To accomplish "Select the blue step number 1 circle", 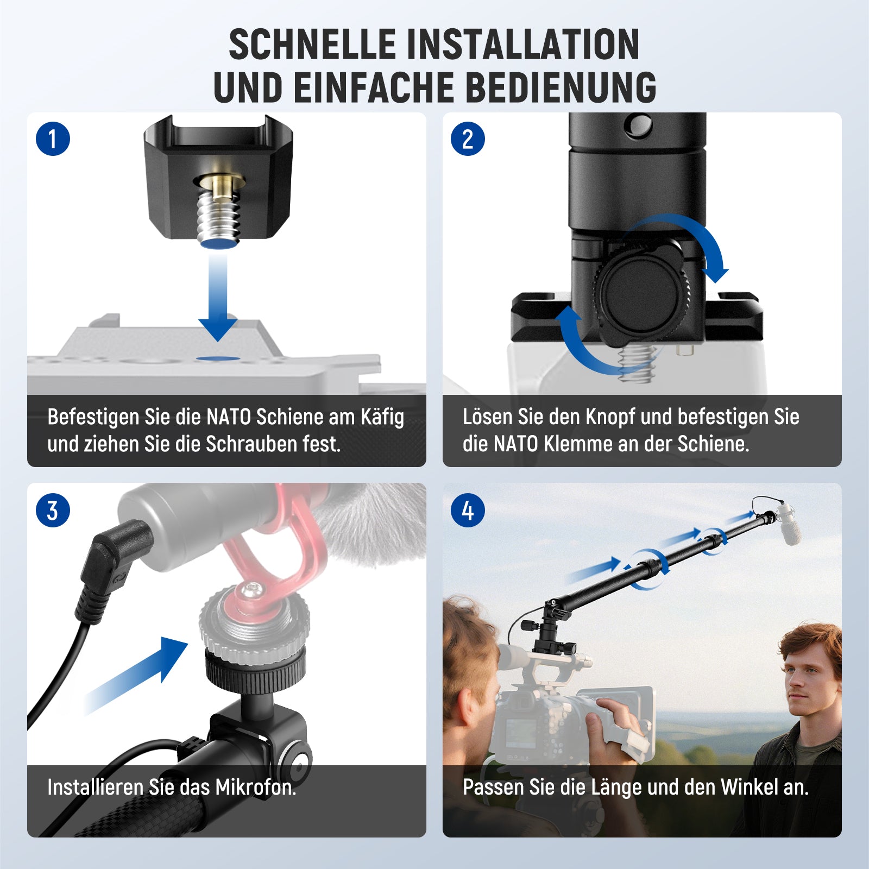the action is coord(53,138).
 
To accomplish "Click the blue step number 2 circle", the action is coord(468,138).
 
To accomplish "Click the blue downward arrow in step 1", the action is coord(217,296).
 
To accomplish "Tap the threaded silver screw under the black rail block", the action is coord(218,215).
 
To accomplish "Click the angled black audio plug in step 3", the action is coord(112,565).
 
